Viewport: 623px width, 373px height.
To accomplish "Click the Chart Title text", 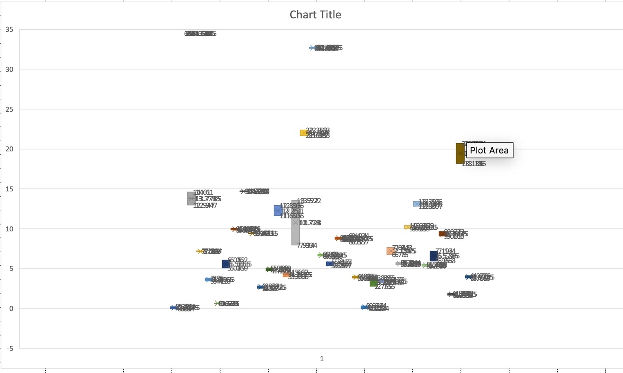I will click(315, 15).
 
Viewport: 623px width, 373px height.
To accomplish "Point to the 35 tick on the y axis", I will click(9, 30).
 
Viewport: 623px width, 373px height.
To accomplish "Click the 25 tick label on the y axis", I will click(9, 109).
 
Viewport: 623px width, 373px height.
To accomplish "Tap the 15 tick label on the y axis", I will click(9, 189).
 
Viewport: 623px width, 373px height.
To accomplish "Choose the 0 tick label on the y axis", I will click(11, 309).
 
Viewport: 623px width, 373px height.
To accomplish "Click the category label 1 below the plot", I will click(322, 359).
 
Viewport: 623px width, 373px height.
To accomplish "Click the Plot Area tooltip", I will click(489, 150).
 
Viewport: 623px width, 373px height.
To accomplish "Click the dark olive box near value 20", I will click(460, 153).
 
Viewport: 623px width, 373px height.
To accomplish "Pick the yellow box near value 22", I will click(303, 133).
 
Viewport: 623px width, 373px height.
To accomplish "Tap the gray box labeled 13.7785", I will click(191, 198).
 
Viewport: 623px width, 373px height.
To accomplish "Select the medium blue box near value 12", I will click(278, 210).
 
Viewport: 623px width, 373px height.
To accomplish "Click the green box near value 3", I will click(374, 283).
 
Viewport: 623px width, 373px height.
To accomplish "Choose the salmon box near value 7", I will click(391, 251).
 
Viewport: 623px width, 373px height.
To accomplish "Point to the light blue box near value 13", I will click(417, 204).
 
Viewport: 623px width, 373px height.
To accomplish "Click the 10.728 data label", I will click(310, 223).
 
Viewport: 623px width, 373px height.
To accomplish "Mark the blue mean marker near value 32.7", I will click(313, 48).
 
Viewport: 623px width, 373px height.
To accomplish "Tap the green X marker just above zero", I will click(217, 303).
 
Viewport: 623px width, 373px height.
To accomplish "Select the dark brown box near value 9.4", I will click(442, 234).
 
